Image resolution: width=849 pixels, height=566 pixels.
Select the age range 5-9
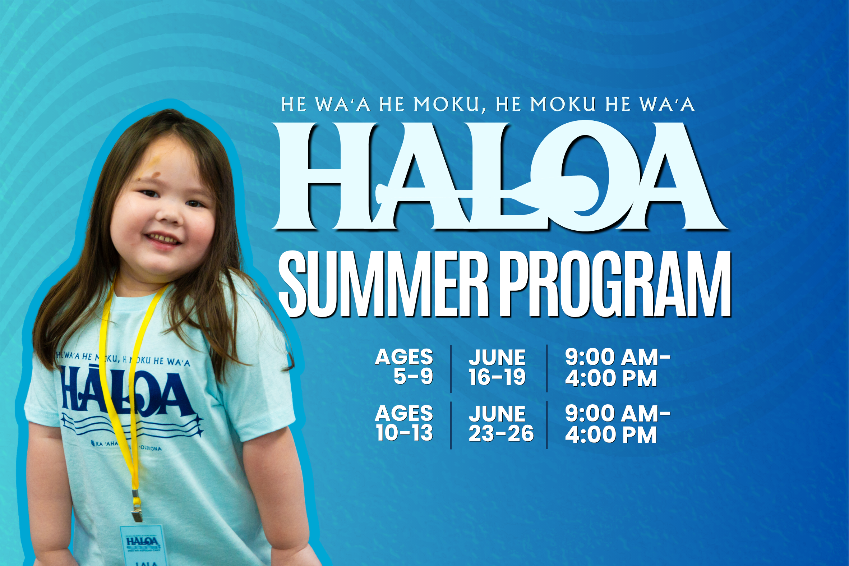pyautogui.click(x=413, y=377)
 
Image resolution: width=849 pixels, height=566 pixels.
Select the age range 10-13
pyautogui.click(x=404, y=433)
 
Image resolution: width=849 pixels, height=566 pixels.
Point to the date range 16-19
pyautogui.click(x=497, y=377)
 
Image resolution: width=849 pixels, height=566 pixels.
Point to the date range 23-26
pyautogui.click(x=501, y=433)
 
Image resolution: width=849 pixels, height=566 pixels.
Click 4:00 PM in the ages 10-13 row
pyautogui.click(x=610, y=434)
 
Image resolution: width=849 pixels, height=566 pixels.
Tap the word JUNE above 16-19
pyautogui.click(x=497, y=357)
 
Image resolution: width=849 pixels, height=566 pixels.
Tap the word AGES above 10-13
pyautogui.click(x=404, y=413)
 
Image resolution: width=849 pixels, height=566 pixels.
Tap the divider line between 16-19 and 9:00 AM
pyautogui.click(x=547, y=369)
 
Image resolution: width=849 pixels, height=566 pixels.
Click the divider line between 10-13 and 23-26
pyautogui.click(x=451, y=425)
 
